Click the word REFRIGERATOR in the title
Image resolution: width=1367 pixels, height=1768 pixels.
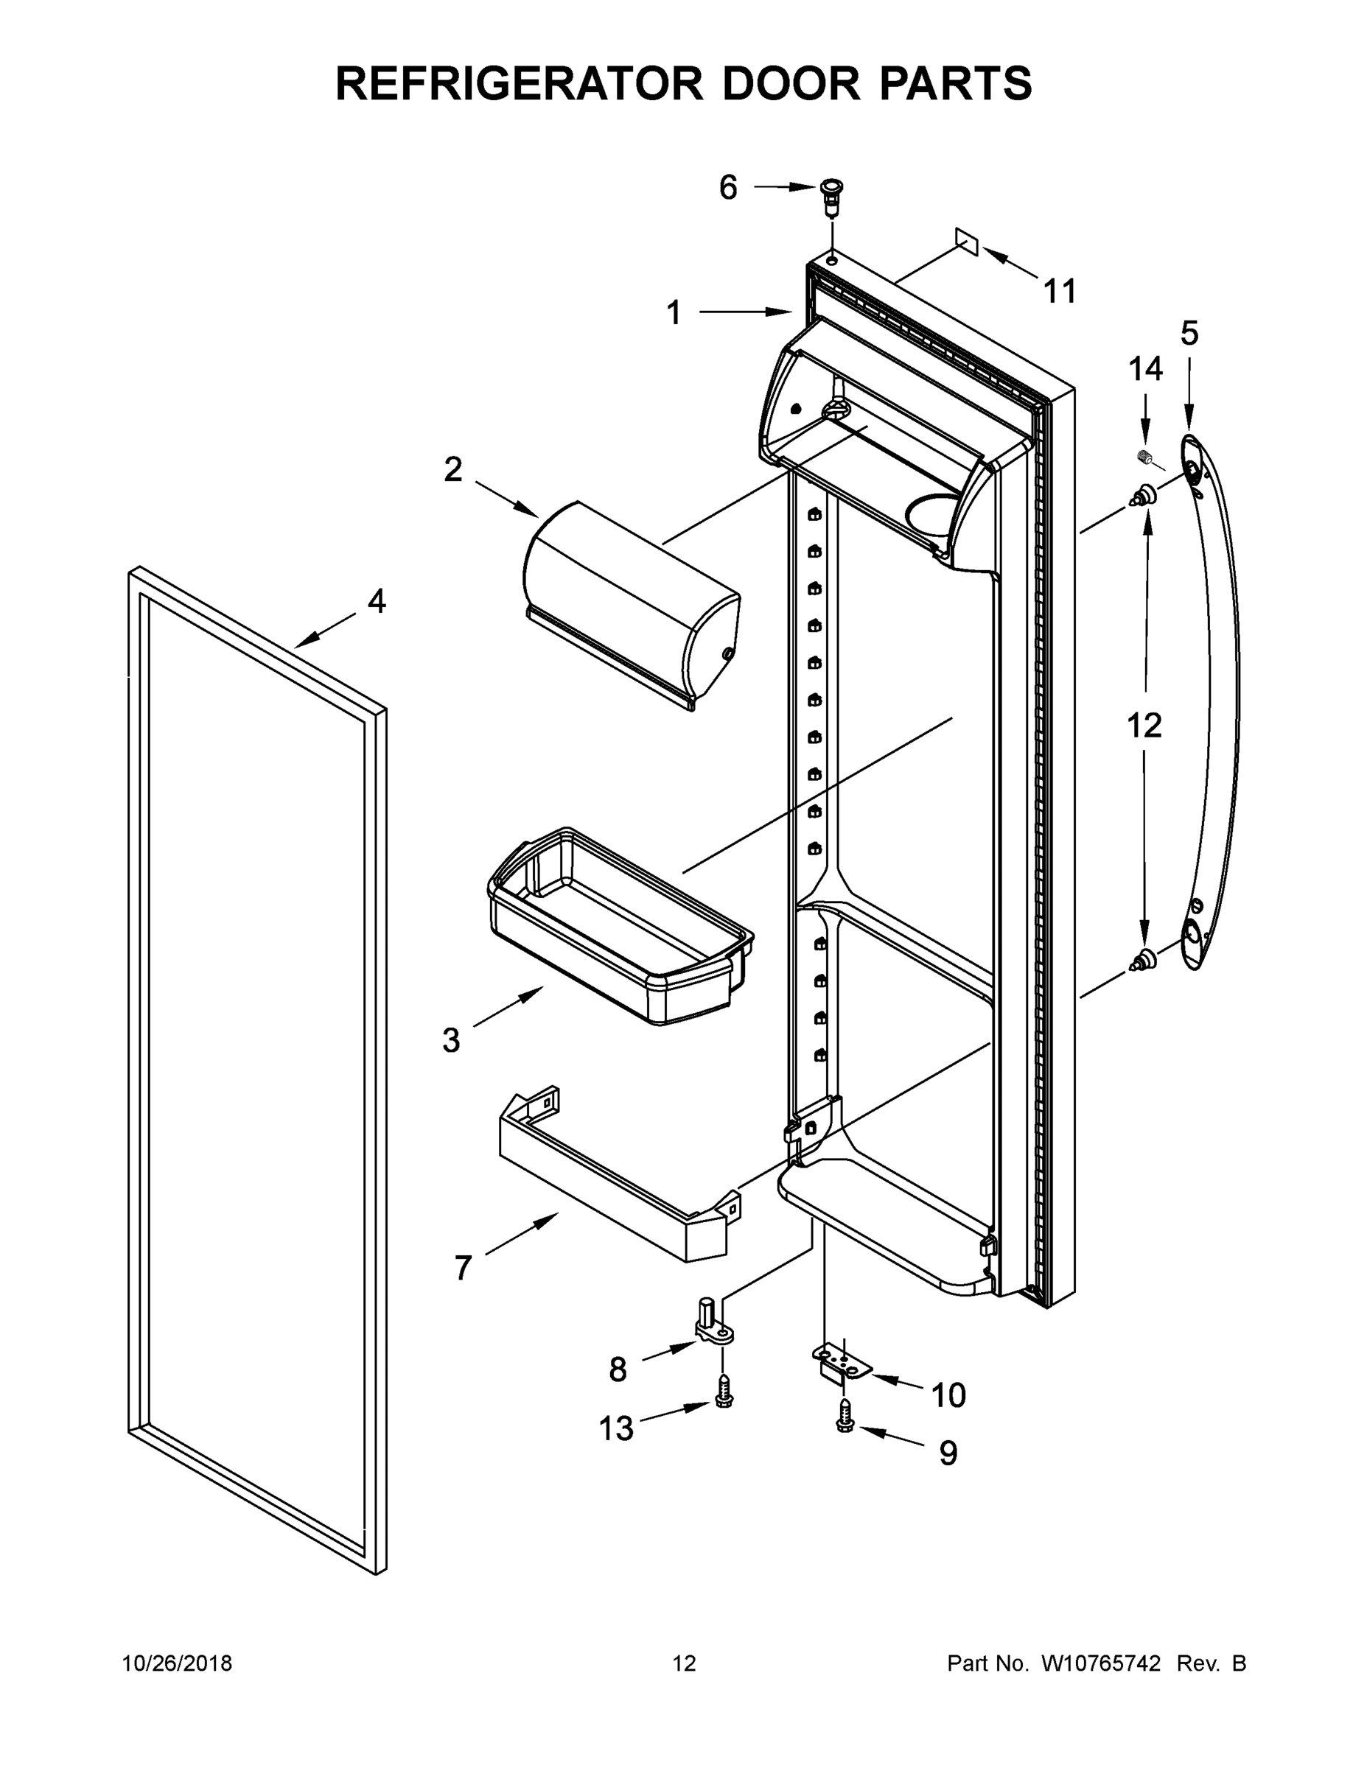pyautogui.click(x=519, y=83)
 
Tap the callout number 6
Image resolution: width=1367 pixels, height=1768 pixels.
pyautogui.click(x=728, y=188)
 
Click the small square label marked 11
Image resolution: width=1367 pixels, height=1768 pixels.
pyautogui.click(x=966, y=240)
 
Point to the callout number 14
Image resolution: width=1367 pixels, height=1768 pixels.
pyautogui.click(x=1145, y=369)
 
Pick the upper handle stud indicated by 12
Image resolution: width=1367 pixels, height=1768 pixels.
pyautogui.click(x=1144, y=494)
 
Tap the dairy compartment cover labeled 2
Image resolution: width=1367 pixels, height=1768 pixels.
pyautogui.click(x=632, y=603)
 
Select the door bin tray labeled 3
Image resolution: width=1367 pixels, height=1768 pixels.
pyautogui.click(x=620, y=925)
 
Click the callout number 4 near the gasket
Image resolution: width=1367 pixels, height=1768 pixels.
pyautogui.click(x=377, y=600)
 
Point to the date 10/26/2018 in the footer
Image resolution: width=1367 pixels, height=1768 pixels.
pyautogui.click(x=178, y=1663)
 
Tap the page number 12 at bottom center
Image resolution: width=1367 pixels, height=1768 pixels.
pyautogui.click(x=685, y=1663)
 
